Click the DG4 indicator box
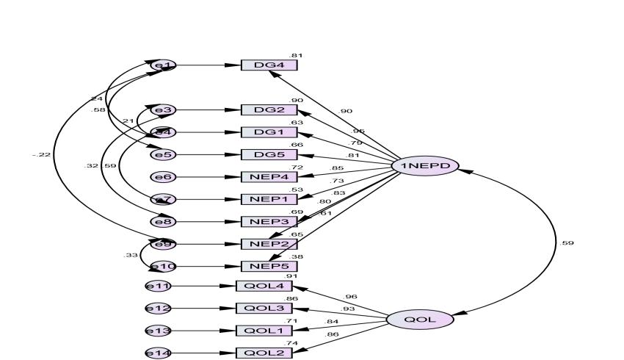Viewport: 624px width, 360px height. [x=269, y=65]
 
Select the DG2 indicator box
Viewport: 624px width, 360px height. [x=269, y=110]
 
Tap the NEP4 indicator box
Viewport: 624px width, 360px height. [x=269, y=176]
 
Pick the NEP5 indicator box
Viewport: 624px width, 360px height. [x=269, y=266]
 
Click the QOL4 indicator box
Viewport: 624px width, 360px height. [x=264, y=287]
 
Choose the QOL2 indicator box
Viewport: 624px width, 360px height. [x=264, y=353]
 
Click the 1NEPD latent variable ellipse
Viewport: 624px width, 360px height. [x=425, y=166]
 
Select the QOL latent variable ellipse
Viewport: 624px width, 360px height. [x=420, y=320]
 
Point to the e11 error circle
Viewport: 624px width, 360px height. [x=158, y=287]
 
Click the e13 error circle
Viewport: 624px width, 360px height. [x=158, y=331]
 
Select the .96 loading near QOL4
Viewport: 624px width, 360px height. [x=351, y=296]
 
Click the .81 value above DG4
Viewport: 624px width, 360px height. [x=295, y=55]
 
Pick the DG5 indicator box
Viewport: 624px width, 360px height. [x=269, y=154]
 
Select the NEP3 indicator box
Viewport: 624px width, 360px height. [x=269, y=221]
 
